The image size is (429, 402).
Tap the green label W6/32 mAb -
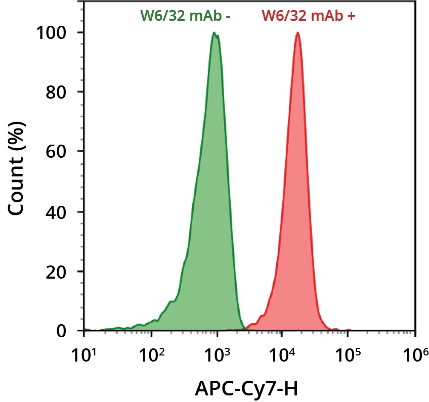[186, 15]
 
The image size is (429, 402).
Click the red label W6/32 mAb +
[308, 15]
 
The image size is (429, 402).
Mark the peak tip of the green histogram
[214, 33]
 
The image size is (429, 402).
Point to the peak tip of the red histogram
[297, 33]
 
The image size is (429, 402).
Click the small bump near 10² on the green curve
[170, 302]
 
